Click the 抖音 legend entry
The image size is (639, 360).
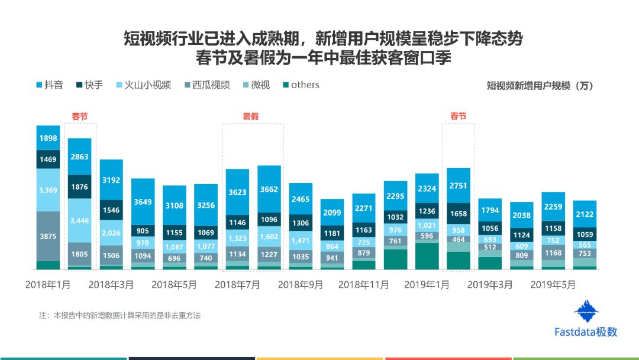(x=50, y=85)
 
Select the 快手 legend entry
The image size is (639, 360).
(x=90, y=85)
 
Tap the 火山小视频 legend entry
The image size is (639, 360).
(x=143, y=85)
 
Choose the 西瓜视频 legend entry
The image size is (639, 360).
(x=207, y=85)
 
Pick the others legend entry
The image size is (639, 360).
(x=301, y=85)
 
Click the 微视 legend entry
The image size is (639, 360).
(x=256, y=85)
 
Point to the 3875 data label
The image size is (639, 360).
(x=48, y=236)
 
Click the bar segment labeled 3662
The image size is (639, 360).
(x=269, y=189)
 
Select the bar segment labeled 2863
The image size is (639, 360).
(x=79, y=156)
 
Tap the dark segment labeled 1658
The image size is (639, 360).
(x=459, y=213)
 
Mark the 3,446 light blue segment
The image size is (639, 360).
(x=79, y=221)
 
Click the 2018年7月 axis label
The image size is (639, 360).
(x=237, y=285)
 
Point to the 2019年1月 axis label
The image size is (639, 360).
(x=427, y=285)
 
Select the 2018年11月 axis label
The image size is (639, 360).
(x=363, y=285)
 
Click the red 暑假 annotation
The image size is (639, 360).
(x=251, y=116)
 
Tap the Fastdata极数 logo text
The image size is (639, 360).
(x=586, y=332)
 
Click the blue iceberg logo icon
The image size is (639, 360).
(x=586, y=311)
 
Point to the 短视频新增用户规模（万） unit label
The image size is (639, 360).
(x=540, y=86)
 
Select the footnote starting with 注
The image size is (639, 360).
(x=120, y=315)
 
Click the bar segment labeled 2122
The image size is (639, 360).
(x=585, y=214)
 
